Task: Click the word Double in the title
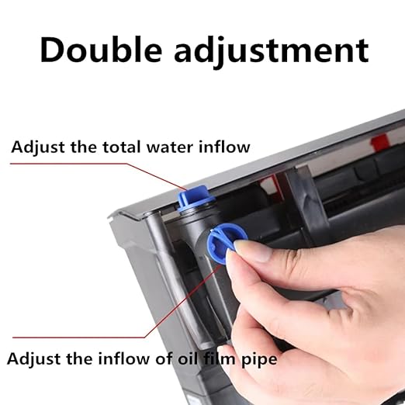101,50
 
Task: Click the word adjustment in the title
272,52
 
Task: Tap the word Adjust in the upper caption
38,148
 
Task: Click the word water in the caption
170,147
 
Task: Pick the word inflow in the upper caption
224,147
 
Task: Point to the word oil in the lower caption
189,358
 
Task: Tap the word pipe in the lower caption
259,360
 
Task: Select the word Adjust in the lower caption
34,360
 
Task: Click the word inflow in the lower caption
123,358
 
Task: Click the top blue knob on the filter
196,196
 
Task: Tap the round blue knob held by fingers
223,243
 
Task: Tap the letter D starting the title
54,50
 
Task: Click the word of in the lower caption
163,358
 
